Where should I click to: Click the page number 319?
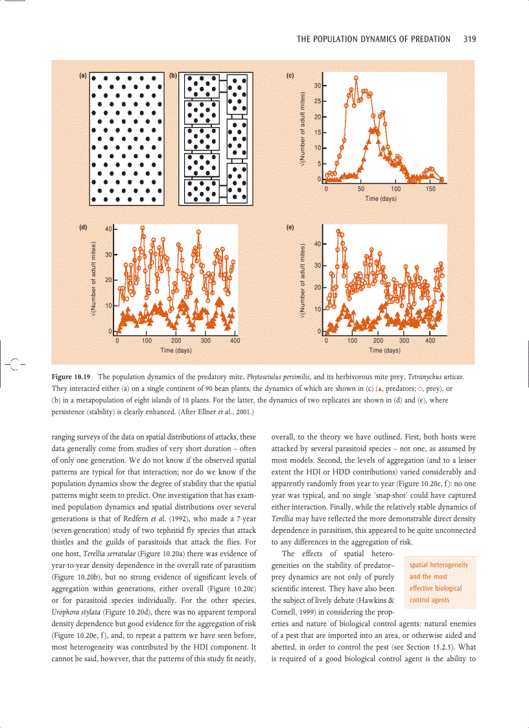[470, 39]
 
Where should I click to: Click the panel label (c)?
[291, 76]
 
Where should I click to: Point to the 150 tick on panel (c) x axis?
[430, 189]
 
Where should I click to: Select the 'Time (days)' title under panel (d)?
[176, 350]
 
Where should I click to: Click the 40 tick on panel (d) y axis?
[108, 228]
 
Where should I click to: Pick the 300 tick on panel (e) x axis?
[404, 340]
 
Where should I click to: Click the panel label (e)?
[291, 228]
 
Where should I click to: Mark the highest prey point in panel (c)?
[357, 78]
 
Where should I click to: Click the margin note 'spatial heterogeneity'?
[439, 565]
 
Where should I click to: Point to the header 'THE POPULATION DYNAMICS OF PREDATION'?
[373, 39]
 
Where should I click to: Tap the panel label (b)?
[173, 76]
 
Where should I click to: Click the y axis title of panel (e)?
[303, 279]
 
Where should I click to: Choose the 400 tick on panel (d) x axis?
[235, 340]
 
